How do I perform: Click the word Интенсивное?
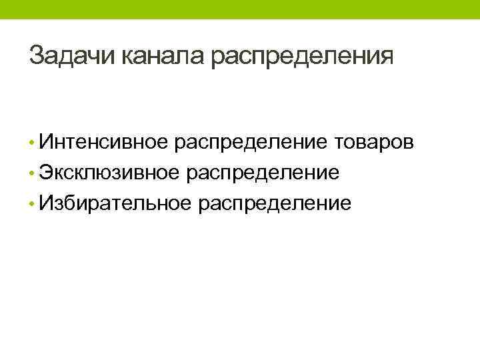pos(105,142)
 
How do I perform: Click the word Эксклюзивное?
pos(109,173)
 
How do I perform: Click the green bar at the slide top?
pos(240,9)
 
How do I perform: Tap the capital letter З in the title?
pos(37,55)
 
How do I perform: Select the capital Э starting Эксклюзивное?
pos(45,173)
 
